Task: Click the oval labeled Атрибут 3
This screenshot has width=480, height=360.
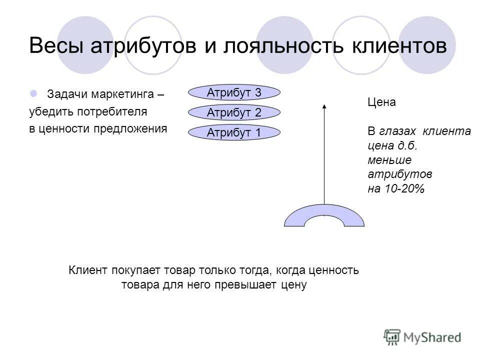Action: pyautogui.click(x=234, y=92)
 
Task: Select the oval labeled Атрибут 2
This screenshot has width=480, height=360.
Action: pyautogui.click(x=234, y=113)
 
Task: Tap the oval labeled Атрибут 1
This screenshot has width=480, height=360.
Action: pyautogui.click(x=234, y=133)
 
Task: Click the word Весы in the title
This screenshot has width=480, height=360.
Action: pyautogui.click(x=58, y=46)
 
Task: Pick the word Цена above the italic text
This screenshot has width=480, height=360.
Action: pyautogui.click(x=381, y=102)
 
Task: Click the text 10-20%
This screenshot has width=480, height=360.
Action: pyautogui.click(x=404, y=189)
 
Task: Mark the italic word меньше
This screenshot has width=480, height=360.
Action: pyautogui.click(x=389, y=160)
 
